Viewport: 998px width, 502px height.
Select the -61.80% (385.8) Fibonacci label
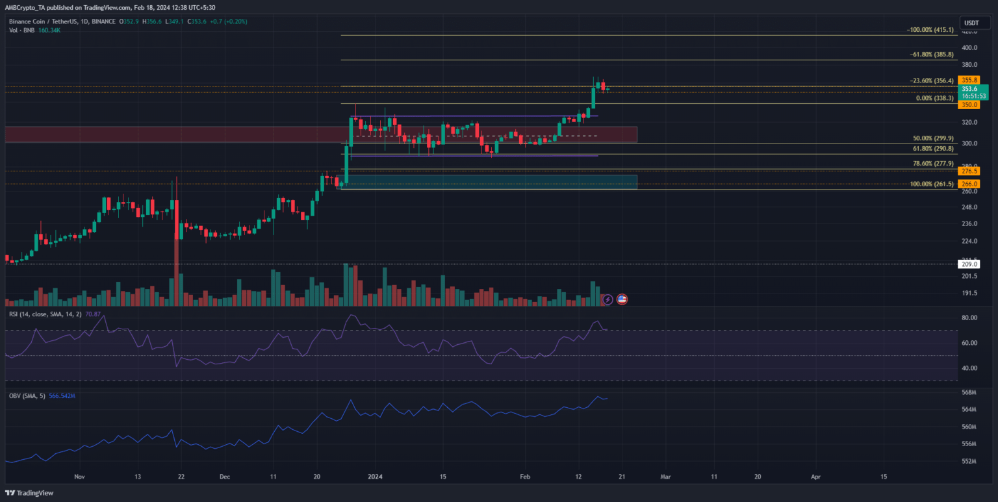[931, 55]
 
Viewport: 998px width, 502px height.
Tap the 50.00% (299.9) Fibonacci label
[933, 138]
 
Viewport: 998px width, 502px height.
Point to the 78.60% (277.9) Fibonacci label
[933, 164]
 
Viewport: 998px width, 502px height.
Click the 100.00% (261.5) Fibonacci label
[932, 184]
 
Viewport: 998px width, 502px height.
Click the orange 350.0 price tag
[970, 105]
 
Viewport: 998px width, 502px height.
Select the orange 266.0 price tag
[970, 184]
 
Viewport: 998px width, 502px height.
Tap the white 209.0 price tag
[970, 264]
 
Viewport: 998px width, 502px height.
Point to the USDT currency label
[971, 23]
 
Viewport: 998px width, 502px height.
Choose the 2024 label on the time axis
[376, 476]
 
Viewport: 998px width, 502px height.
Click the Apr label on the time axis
[816, 476]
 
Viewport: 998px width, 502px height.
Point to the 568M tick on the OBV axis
[970, 392]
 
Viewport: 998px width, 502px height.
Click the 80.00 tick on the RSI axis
[970, 318]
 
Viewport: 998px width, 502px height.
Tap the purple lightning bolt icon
[608, 299]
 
